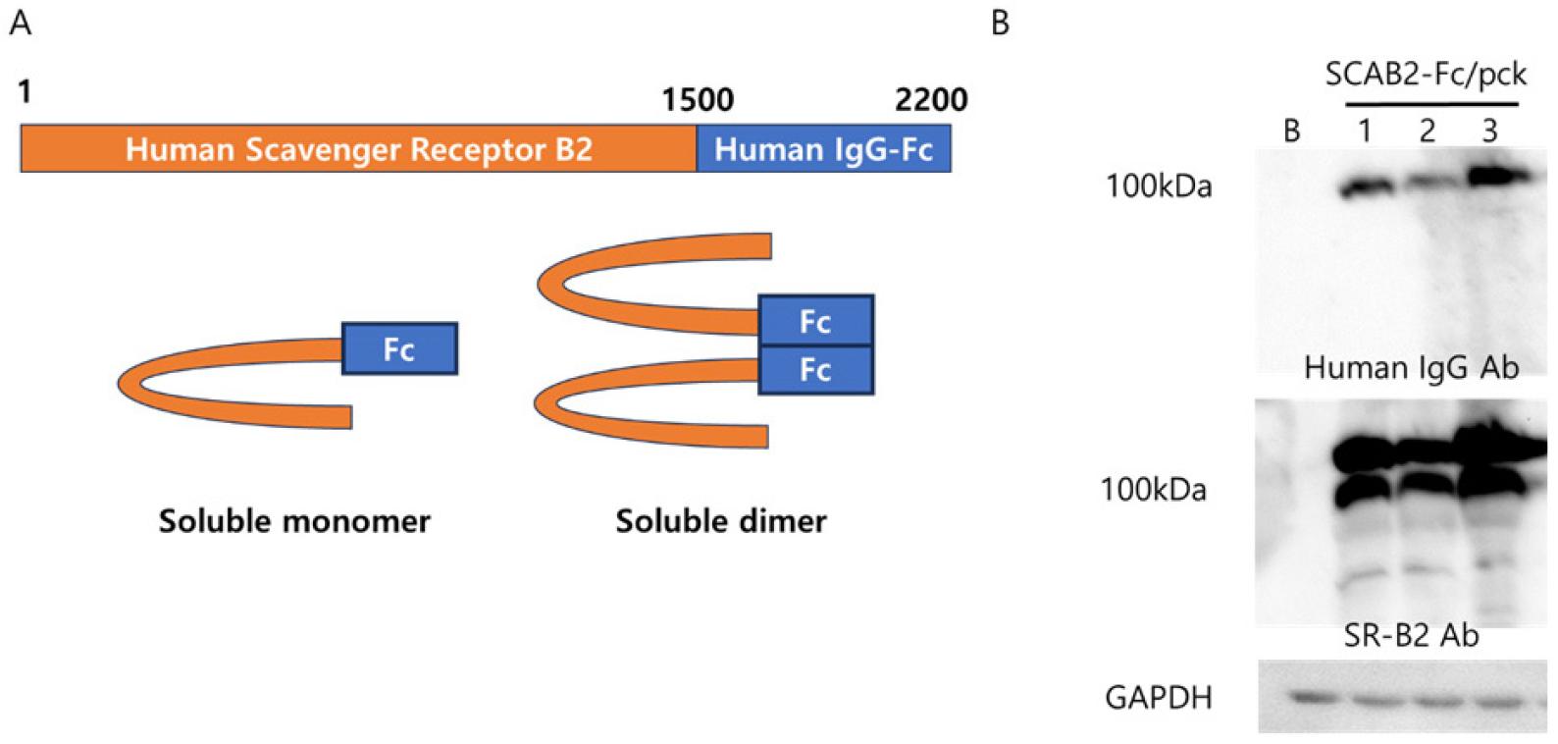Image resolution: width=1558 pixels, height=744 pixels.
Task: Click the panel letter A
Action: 20,22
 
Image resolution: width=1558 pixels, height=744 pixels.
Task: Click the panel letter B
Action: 1000,22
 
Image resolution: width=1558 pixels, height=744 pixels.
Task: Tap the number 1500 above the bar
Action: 698,100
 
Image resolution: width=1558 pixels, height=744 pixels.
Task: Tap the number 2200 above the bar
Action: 930,100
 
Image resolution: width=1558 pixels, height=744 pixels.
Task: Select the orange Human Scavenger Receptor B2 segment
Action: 358,149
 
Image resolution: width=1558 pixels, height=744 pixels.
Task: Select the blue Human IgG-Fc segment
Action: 823,149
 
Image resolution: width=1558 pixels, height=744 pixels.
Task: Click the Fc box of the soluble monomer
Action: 399,348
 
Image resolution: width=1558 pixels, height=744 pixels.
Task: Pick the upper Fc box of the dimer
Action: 815,321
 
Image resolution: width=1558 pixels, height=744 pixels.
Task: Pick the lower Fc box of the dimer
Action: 815,370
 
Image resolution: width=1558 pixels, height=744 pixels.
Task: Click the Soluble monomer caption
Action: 294,520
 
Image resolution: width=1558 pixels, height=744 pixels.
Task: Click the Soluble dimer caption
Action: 721,520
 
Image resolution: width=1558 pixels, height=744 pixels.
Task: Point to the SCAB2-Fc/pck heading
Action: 1426,75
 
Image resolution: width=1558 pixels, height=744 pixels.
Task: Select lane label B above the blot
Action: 1292,131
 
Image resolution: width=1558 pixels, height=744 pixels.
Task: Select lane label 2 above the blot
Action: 1427,131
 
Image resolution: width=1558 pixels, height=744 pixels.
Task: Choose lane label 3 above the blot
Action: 1489,131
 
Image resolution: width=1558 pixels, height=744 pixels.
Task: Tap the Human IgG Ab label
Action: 1411,368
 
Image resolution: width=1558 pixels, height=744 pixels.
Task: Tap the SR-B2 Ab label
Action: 1411,636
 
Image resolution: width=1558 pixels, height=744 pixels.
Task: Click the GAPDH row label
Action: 1159,698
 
